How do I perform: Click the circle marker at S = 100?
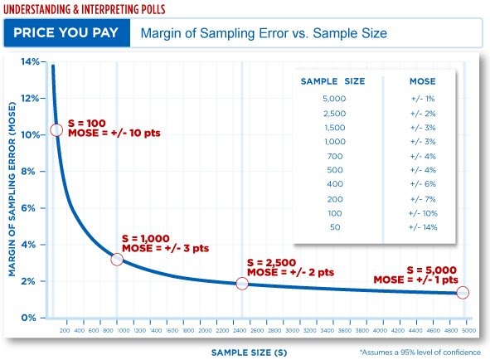coord(56,130)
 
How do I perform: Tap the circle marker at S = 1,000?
coord(117,260)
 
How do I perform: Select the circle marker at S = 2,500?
coord(241,284)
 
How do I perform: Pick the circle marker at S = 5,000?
coord(463,292)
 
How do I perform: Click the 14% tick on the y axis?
coord(30,62)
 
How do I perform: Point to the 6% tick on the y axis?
coord(30,208)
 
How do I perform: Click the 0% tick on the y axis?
coord(30,318)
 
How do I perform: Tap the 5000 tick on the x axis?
coord(468,330)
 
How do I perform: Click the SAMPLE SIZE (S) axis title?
coord(249,353)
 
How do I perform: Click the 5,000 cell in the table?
coord(336,99)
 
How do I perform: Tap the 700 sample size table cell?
coord(336,156)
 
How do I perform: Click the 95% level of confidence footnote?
coord(420,353)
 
